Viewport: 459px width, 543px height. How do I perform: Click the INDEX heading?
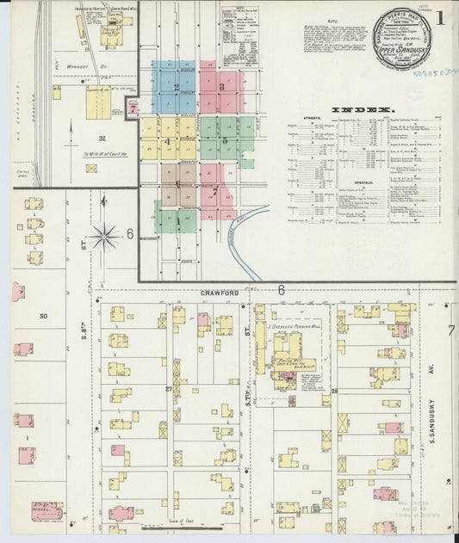[x=367, y=110]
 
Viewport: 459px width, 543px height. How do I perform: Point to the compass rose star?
[x=105, y=233]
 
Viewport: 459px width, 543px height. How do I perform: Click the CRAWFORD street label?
[x=219, y=293]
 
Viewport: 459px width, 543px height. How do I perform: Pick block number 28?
[x=333, y=392]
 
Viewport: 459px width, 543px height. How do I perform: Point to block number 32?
[x=102, y=139]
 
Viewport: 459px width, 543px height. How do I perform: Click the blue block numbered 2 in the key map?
[x=176, y=87]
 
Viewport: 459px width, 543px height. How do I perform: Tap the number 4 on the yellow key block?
[x=169, y=142]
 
